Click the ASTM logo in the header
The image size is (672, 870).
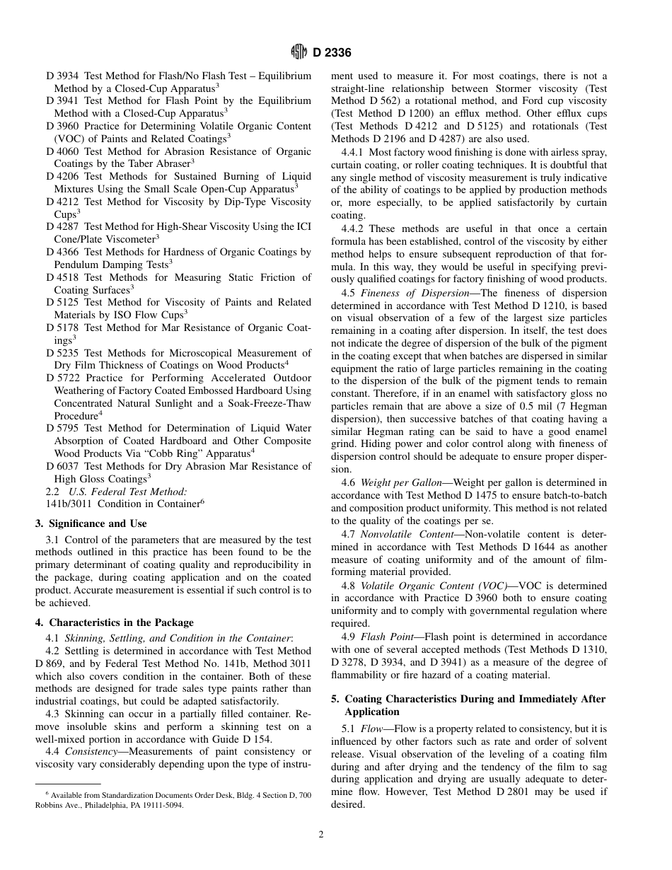(299, 52)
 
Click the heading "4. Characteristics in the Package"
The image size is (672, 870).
(114, 622)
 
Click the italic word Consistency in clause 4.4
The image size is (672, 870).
(91, 751)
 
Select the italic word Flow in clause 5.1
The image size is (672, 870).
(371, 729)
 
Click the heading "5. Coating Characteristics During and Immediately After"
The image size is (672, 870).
(468, 699)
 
